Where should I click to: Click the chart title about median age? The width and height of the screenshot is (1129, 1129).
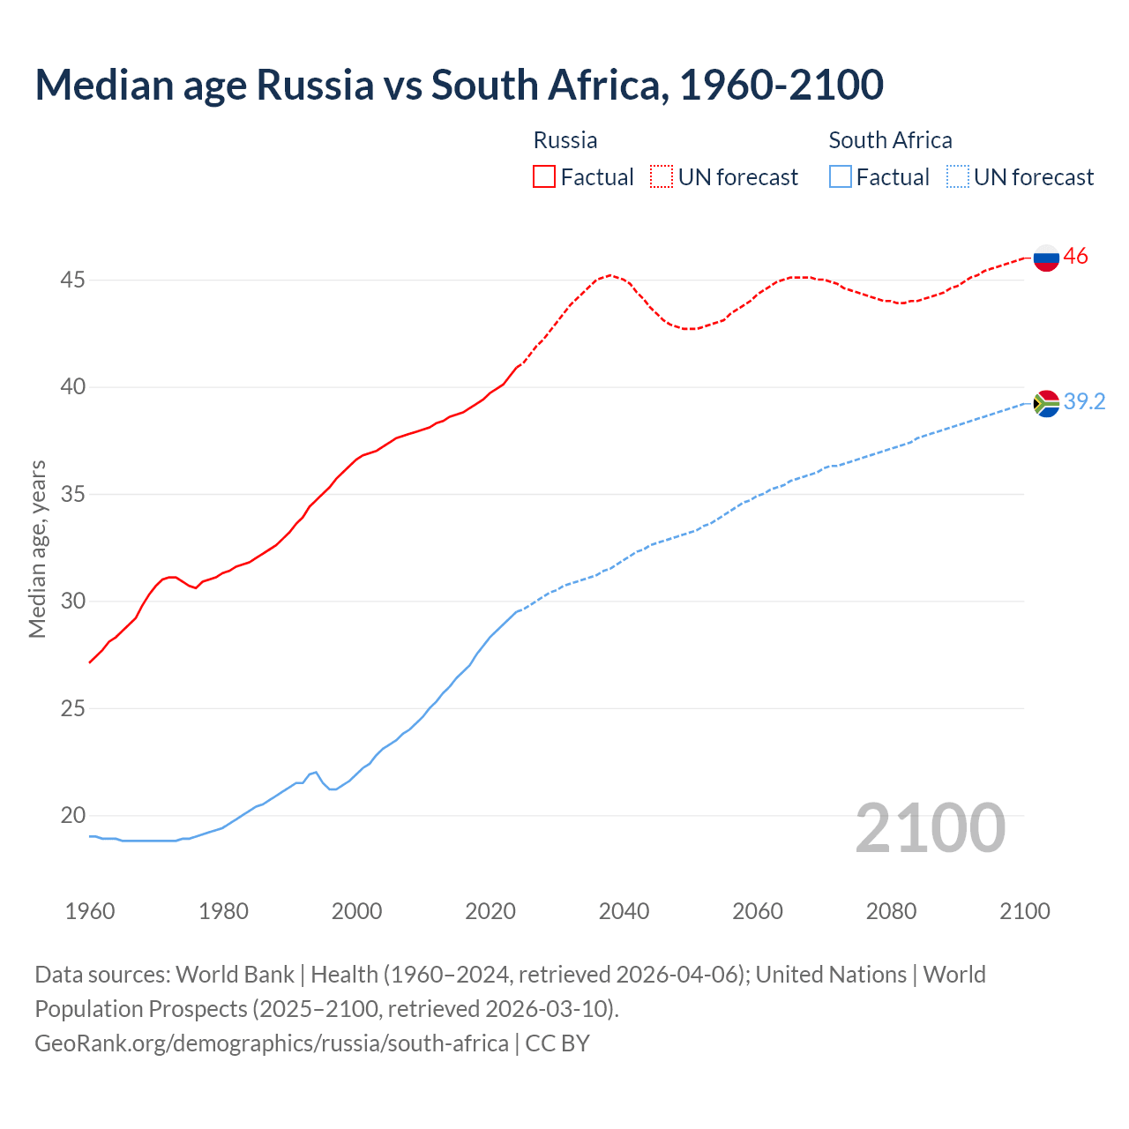pyautogui.click(x=459, y=86)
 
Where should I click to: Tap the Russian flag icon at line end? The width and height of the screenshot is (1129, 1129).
pyautogui.click(x=1046, y=258)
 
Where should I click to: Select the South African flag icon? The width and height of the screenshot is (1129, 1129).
pyautogui.click(x=1046, y=403)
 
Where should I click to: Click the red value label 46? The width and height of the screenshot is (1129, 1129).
pyautogui.click(x=1075, y=257)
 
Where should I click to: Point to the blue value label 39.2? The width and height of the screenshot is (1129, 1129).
pyautogui.click(x=1084, y=402)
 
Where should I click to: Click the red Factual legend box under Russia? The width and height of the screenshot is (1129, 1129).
pyautogui.click(x=544, y=177)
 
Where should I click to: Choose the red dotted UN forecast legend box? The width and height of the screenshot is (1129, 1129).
pyautogui.click(x=662, y=177)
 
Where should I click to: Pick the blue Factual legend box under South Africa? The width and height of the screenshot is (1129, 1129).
pyautogui.click(x=841, y=177)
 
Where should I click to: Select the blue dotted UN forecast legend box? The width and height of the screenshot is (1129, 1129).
pyautogui.click(x=958, y=177)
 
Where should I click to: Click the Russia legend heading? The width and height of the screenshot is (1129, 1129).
pyautogui.click(x=565, y=140)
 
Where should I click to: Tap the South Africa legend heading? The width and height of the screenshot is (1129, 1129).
pyautogui.click(x=890, y=140)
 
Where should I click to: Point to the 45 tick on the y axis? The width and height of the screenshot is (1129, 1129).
pyautogui.click(x=73, y=280)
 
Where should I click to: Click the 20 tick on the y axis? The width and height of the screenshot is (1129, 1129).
pyautogui.click(x=73, y=816)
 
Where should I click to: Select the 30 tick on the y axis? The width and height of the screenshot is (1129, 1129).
pyautogui.click(x=73, y=602)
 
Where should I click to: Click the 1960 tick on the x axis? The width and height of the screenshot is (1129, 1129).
pyautogui.click(x=90, y=911)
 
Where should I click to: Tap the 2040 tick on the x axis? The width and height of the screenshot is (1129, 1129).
pyautogui.click(x=624, y=911)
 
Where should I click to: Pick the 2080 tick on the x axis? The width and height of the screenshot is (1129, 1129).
pyautogui.click(x=891, y=911)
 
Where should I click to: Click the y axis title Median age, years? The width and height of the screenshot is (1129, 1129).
pyautogui.click(x=37, y=549)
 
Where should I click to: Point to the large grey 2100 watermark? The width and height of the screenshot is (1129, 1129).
pyautogui.click(x=931, y=828)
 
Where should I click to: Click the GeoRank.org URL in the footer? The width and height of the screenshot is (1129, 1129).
pyautogui.click(x=272, y=1043)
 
